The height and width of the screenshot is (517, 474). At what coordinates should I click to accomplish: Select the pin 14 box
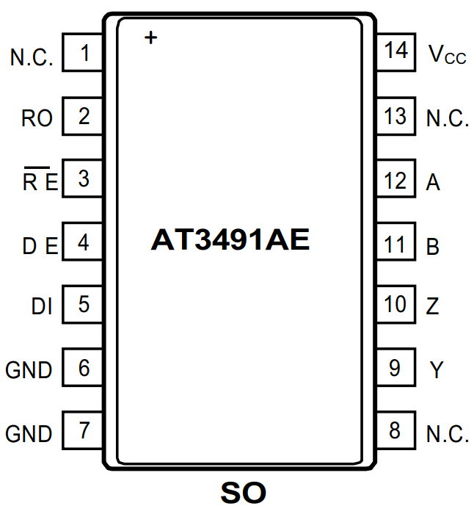396,52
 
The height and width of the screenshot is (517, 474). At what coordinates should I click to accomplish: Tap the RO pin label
37,118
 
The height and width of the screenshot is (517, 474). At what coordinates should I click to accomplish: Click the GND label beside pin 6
29,370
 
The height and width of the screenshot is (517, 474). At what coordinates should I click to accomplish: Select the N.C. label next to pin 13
447,118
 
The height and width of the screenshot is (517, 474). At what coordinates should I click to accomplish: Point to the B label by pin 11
433,246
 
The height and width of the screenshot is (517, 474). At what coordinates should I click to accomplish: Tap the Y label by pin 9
437,370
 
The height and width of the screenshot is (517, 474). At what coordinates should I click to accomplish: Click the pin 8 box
396,430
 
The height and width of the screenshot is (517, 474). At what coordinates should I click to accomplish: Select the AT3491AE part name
230,240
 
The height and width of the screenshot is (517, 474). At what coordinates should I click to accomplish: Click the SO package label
243,493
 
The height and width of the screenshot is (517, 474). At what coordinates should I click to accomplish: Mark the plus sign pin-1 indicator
150,37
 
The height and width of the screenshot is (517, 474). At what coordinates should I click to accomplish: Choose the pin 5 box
82,304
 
